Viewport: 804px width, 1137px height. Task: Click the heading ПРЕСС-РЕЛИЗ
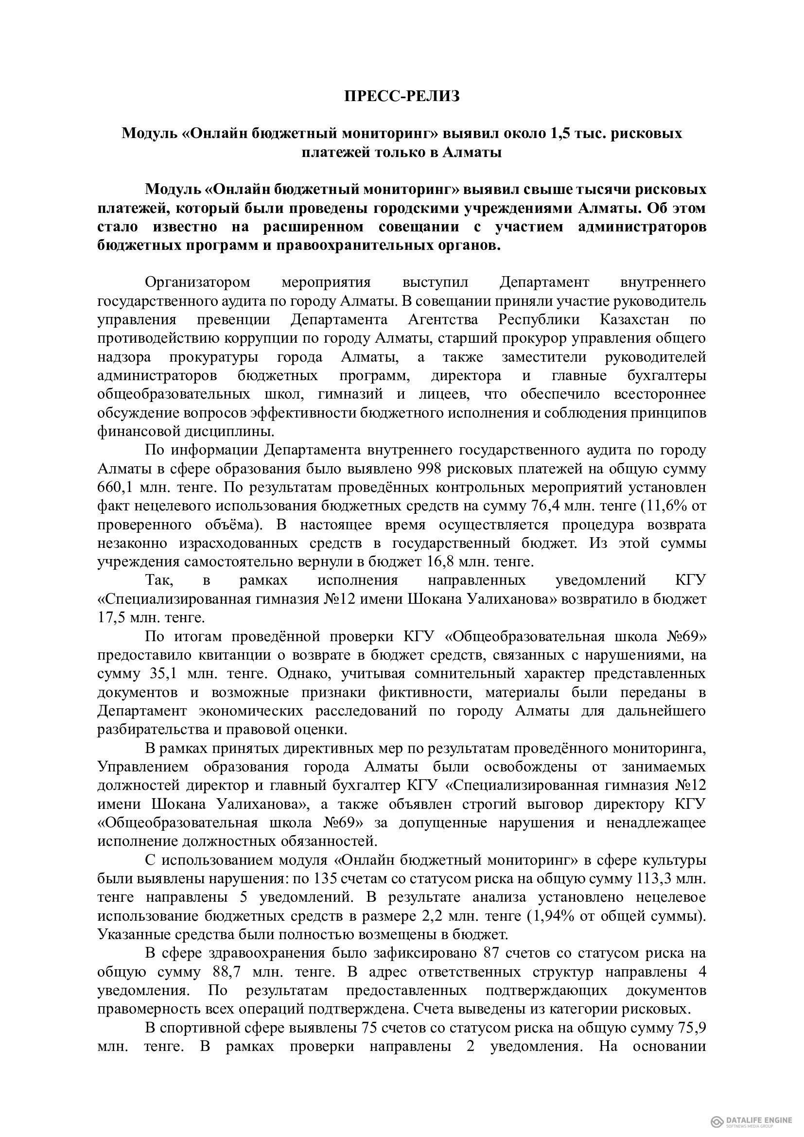[402, 96]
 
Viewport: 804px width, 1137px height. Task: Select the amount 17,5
[113, 618]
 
